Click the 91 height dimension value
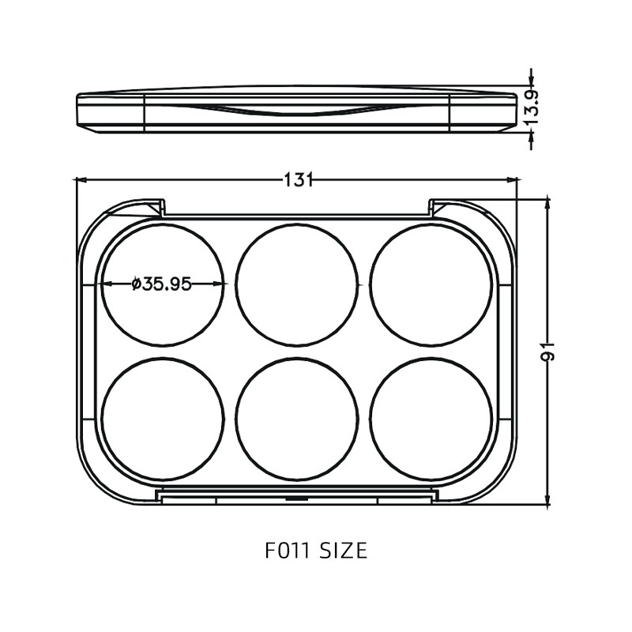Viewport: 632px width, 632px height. pos(548,352)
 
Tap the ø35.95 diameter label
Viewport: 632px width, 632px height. pos(162,284)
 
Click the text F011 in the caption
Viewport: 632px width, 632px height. pos(289,550)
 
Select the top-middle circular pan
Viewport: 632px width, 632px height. pos(297,284)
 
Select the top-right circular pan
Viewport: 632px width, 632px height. pos(431,284)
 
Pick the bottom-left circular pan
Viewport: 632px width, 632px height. pos(163,419)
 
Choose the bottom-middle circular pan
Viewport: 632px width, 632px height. pos(297,419)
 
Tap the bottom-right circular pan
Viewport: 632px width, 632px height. pos(431,419)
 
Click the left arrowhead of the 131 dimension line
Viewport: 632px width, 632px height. pos(80,180)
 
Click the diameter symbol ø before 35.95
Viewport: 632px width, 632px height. pos(136,284)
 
